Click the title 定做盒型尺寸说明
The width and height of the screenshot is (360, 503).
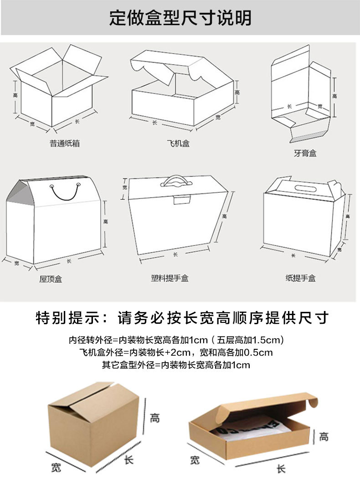pos(180,18)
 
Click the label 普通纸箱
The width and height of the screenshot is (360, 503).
pos(65,143)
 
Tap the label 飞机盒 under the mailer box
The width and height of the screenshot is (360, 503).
pos(178,143)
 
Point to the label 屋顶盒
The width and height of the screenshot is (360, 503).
pos(51,279)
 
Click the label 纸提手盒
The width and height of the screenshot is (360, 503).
pos(300,278)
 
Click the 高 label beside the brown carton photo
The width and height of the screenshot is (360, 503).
pos(155,417)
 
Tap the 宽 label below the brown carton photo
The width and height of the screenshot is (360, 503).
pos(56,467)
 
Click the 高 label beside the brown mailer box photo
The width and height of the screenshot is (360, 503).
pos(323,436)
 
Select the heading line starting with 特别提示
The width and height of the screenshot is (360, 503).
pos(182,318)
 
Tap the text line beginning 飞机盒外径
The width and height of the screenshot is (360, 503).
pos(176,353)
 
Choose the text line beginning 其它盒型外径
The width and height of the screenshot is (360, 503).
pos(176,365)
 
